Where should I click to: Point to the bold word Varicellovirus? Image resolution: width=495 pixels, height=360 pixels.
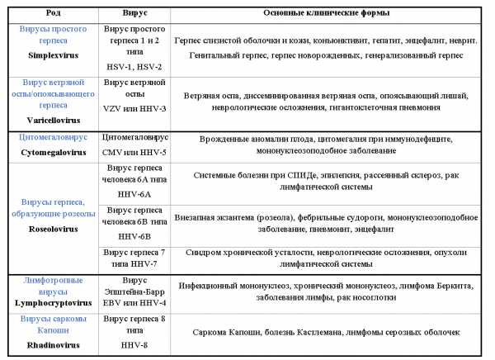click(x=49, y=119)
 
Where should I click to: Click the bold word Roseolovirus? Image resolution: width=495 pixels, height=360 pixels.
click(x=49, y=228)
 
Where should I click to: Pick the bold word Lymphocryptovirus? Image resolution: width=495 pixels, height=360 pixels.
click(x=49, y=303)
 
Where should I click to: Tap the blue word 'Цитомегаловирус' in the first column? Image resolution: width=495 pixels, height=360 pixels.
click(x=49, y=137)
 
